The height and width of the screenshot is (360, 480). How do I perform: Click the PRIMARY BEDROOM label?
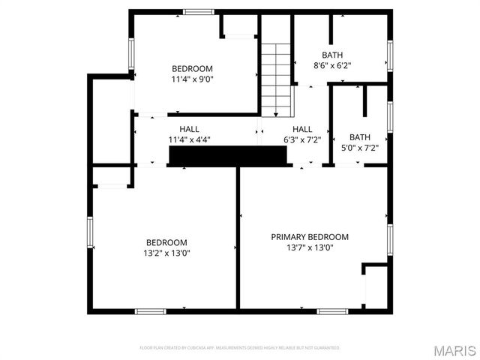(x=310, y=237)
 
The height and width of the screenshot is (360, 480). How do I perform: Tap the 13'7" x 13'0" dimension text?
(x=310, y=247)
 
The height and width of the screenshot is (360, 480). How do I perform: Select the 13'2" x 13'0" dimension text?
(x=166, y=253)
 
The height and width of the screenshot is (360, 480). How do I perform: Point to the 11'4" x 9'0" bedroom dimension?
(x=193, y=78)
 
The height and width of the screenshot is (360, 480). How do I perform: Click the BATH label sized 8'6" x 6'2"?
(x=332, y=55)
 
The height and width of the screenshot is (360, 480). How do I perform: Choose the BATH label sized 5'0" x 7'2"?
(x=360, y=137)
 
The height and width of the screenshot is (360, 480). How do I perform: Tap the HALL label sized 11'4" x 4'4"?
(x=189, y=129)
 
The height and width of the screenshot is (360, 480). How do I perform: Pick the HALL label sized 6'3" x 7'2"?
(x=302, y=129)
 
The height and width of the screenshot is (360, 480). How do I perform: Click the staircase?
(x=275, y=79)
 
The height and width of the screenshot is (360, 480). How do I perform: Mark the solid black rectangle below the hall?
(x=228, y=155)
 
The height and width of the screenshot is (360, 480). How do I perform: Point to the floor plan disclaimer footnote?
(x=240, y=348)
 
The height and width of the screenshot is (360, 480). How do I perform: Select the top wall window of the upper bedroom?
(x=198, y=11)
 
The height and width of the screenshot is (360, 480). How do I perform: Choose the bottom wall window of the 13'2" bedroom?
(x=150, y=310)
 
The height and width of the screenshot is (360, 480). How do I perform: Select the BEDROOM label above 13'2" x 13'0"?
(x=166, y=242)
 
